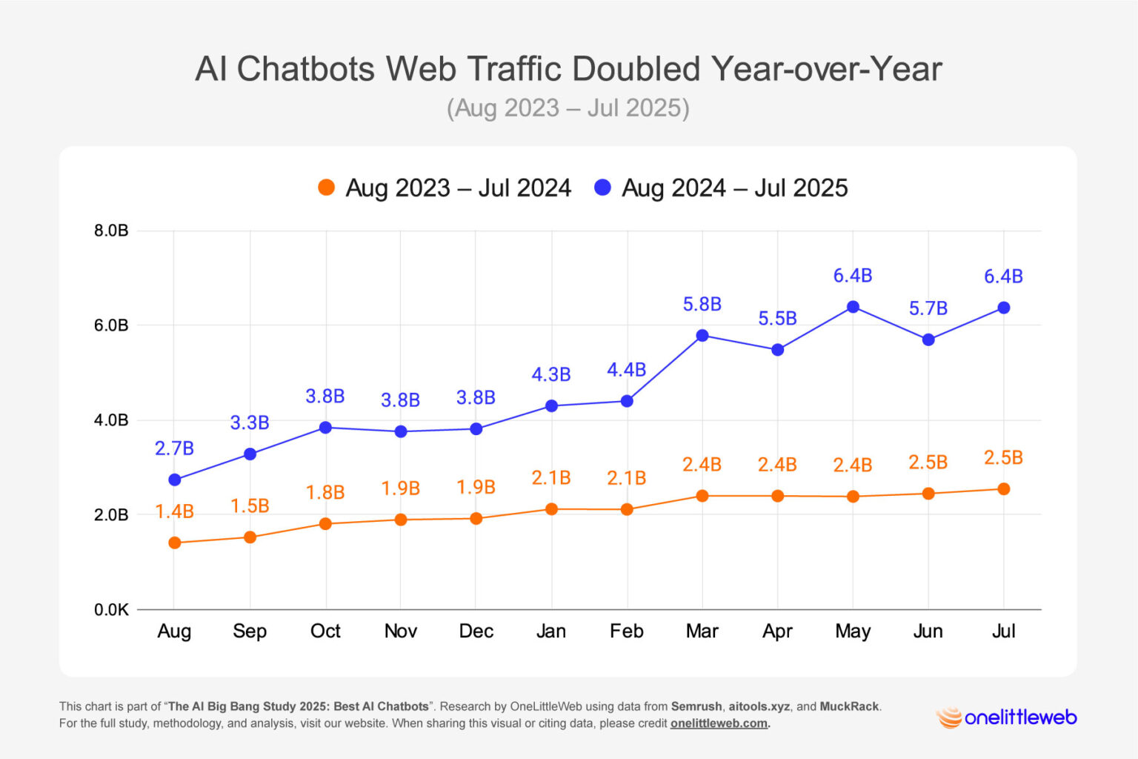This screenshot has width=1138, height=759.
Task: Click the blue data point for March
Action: [702, 336]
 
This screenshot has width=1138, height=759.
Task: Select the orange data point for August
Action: [175, 543]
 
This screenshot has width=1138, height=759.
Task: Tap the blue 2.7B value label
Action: [174, 448]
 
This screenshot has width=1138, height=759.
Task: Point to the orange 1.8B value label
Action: [325, 492]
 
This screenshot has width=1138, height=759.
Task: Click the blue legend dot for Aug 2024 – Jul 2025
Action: [603, 188]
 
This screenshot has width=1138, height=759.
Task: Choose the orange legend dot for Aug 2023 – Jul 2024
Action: [326, 188]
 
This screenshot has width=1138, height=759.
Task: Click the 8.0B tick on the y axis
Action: [111, 231]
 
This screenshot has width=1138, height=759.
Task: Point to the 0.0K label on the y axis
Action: [111, 610]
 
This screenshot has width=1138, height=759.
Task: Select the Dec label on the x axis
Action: [476, 632]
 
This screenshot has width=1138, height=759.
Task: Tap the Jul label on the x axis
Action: [1003, 632]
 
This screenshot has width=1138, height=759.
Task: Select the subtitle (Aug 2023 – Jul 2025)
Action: [568, 108]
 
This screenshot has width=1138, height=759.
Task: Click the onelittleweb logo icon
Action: [948, 717]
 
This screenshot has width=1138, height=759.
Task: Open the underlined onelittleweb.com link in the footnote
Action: [719, 723]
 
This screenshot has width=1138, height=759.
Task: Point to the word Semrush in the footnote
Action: [696, 706]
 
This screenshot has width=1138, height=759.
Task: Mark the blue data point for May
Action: [853, 307]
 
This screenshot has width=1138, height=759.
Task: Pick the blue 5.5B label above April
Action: [777, 319]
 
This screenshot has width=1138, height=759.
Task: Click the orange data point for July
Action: [1004, 489]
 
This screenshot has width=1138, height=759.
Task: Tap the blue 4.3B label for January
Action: [551, 375]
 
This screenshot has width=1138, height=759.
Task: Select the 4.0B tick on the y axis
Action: [111, 420]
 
